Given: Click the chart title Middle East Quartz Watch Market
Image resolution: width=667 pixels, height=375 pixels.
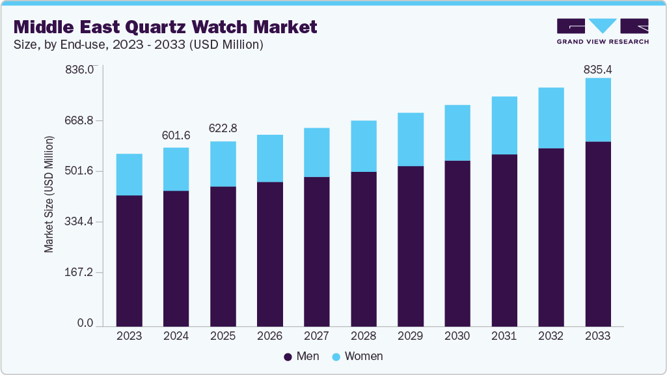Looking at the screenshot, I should click(x=165, y=27).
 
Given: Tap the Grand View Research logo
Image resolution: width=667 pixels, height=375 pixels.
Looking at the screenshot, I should click(x=603, y=31).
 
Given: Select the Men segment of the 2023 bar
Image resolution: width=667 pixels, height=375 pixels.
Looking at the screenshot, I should click(x=129, y=260).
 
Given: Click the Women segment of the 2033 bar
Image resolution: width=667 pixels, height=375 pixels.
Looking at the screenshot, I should click(x=597, y=109).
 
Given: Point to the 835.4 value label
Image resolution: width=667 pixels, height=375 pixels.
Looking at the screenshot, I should click(x=597, y=69).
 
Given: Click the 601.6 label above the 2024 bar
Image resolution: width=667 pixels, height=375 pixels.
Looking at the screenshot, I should click(x=176, y=135).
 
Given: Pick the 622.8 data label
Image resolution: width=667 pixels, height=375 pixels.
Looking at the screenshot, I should click(x=223, y=129).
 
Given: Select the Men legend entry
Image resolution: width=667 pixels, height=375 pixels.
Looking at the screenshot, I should click(x=301, y=356).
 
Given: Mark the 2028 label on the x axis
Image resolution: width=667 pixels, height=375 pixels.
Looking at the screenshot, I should click(x=363, y=336).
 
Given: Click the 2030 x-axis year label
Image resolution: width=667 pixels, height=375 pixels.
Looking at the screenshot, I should click(x=457, y=336).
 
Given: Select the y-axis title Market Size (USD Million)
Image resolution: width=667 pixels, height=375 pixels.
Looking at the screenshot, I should click(x=49, y=195).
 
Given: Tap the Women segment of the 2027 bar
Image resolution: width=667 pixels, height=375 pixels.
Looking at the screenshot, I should click(x=316, y=152).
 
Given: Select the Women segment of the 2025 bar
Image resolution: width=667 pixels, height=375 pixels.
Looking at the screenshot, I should click(x=223, y=164).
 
